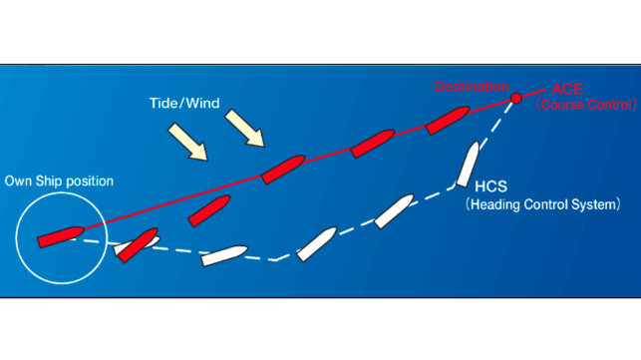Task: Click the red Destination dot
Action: tap(516, 98)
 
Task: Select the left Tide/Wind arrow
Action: tap(188, 142)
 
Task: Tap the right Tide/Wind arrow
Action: tap(245, 128)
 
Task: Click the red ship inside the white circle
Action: tap(61, 237)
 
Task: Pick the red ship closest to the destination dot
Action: tap(448, 121)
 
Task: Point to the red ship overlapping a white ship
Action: tap(139, 245)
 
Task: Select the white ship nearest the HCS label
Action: tap(468, 165)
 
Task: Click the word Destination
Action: tap(472, 87)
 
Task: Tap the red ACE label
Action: tap(567, 89)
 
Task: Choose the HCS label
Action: tap(490, 186)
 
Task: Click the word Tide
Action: tap(163, 103)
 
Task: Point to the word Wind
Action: tap(202, 103)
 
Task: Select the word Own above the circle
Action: tap(18, 181)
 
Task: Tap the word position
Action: tap(90, 181)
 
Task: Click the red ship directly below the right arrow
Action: tap(283, 170)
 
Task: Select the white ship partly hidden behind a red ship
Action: tap(137, 245)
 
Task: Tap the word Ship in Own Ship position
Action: tap(49, 181)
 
